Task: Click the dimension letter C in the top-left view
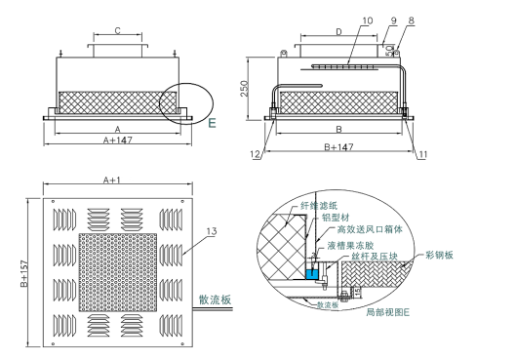tap(118, 31)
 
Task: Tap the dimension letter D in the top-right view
tap(337, 31)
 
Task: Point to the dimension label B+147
tap(337, 148)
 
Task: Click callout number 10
tap(368, 20)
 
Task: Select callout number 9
tap(393, 20)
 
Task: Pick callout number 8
tap(412, 20)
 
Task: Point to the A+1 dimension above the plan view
tap(111, 181)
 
